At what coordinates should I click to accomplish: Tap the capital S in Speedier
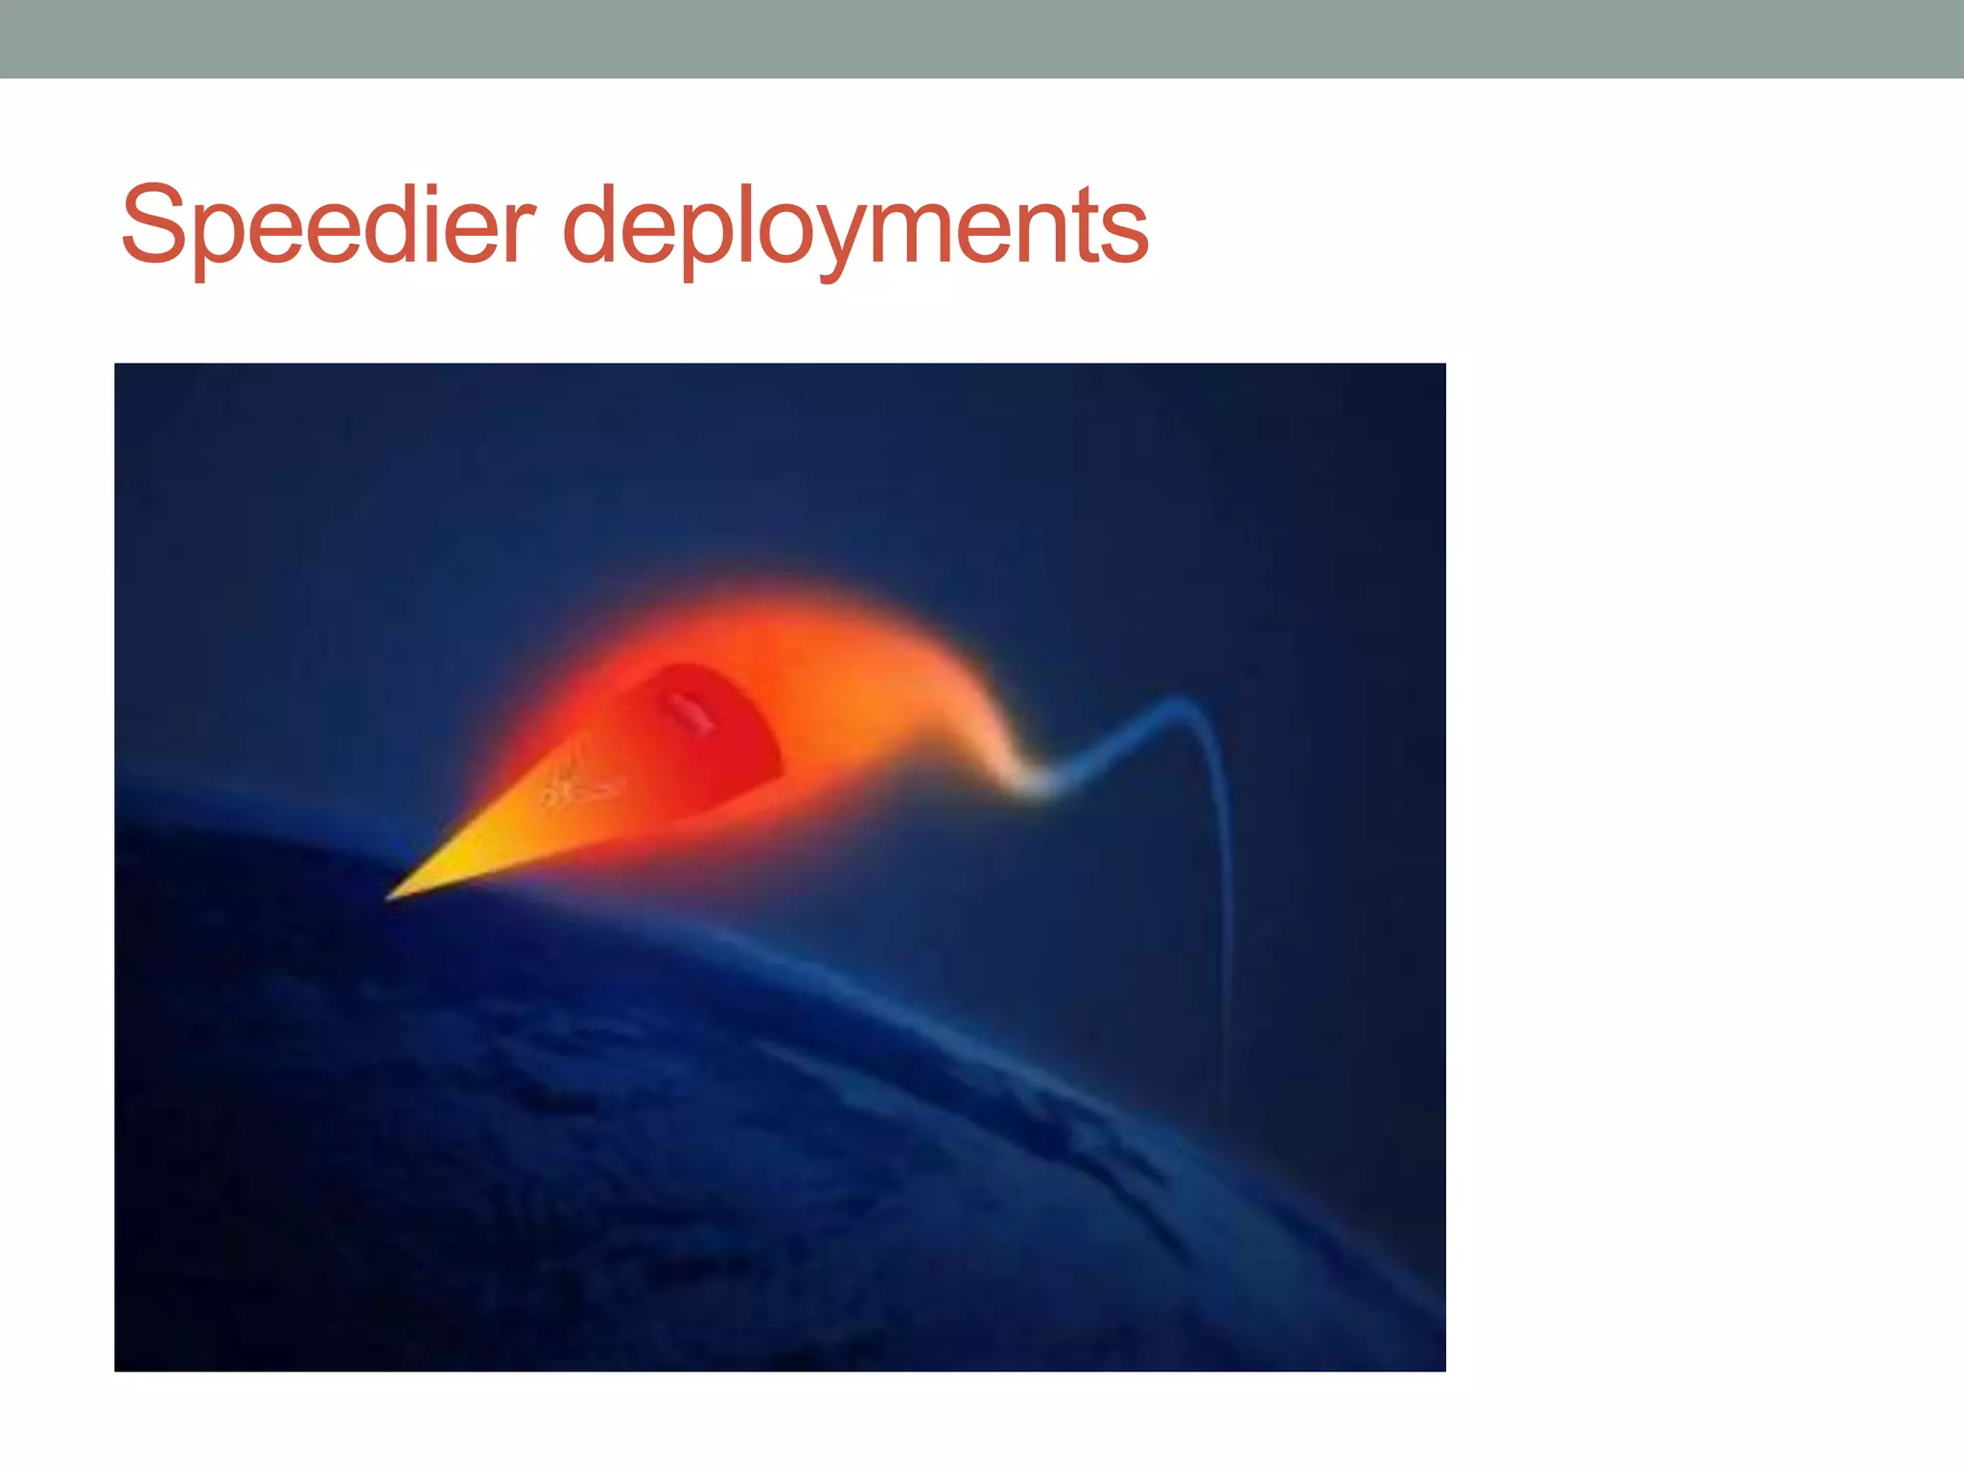pos(153,225)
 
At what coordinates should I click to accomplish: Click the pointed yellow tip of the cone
pos(390,897)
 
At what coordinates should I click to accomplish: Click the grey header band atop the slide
pos(982,38)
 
